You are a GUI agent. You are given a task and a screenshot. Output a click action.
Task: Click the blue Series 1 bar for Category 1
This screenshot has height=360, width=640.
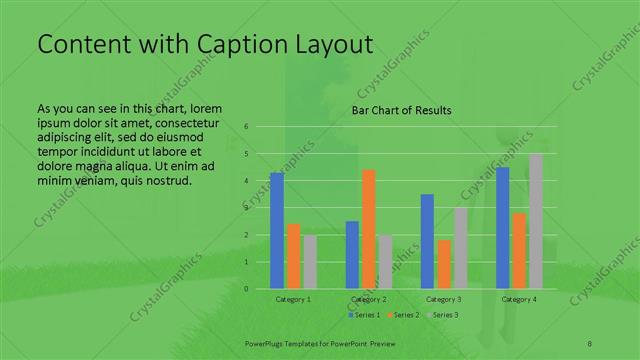[x=277, y=231]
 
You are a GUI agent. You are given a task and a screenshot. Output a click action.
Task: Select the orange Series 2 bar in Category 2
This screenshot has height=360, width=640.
[x=369, y=229]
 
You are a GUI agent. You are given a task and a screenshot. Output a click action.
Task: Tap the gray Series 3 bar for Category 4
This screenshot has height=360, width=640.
[x=535, y=221]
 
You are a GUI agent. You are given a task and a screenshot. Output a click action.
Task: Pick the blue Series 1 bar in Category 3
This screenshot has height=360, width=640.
[x=427, y=241]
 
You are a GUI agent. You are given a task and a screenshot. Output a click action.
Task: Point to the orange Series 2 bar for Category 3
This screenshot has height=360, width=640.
[x=443, y=264]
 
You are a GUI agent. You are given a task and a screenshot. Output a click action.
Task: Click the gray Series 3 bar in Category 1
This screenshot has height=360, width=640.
[x=310, y=262]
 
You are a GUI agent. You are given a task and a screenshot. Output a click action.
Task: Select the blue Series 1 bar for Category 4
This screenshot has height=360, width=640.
[x=503, y=228]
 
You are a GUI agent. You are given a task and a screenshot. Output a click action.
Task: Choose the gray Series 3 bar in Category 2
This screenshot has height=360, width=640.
[x=385, y=262]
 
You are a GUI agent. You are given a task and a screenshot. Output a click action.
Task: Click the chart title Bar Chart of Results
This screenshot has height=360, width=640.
[x=400, y=110]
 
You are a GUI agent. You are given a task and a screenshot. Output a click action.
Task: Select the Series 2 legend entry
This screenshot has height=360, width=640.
[x=404, y=315]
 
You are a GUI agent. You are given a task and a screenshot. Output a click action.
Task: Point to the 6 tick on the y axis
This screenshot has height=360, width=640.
[x=246, y=127]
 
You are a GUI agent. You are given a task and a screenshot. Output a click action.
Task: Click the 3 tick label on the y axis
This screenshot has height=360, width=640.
[x=246, y=208]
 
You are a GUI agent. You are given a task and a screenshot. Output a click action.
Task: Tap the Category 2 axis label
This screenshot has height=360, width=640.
[x=369, y=299]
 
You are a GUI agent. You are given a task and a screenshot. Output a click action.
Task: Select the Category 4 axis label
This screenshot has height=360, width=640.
[x=519, y=299]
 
